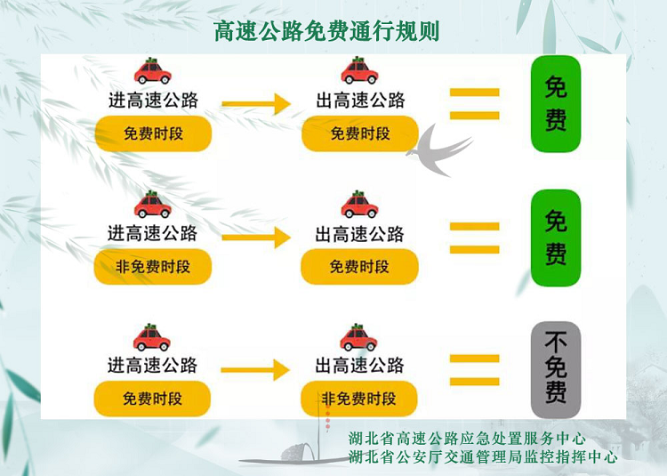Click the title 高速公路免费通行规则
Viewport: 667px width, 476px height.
[326, 31]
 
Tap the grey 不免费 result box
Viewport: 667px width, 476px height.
[556, 369]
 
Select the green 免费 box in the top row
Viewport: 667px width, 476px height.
[556, 104]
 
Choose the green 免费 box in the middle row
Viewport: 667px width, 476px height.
[556, 238]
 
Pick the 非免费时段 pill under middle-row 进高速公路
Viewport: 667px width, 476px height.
[153, 267]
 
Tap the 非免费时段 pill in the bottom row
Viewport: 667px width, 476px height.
[359, 399]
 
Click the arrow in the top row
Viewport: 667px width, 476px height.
[256, 104]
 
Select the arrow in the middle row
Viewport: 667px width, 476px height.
[256, 237]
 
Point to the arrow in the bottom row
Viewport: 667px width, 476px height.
[255, 369]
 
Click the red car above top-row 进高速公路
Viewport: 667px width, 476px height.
[153, 71]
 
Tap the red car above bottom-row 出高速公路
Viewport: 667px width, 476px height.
[358, 337]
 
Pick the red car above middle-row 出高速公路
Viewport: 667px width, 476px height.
[359, 204]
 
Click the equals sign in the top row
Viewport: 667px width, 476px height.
[474, 104]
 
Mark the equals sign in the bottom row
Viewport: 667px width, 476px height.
[474, 369]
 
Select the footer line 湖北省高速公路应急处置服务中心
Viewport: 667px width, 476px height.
[467, 438]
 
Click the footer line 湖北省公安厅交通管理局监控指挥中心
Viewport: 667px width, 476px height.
[483, 456]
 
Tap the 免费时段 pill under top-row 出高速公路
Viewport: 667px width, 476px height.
[360, 133]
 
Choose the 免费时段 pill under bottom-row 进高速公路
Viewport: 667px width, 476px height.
[152, 399]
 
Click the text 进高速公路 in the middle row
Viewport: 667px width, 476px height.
[152, 233]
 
